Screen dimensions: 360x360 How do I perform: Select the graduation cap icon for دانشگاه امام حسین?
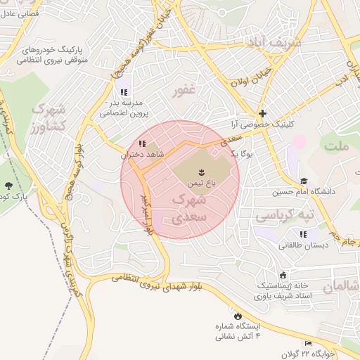[304, 181]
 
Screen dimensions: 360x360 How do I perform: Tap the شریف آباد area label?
[274, 43]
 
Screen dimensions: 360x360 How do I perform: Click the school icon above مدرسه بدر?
[124, 92]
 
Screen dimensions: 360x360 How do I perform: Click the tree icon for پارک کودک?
[8, 186]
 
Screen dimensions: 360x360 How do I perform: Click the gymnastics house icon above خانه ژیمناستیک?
[283, 275]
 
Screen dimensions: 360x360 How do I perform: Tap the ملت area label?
[337, 146]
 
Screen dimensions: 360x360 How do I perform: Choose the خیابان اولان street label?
[252, 78]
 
